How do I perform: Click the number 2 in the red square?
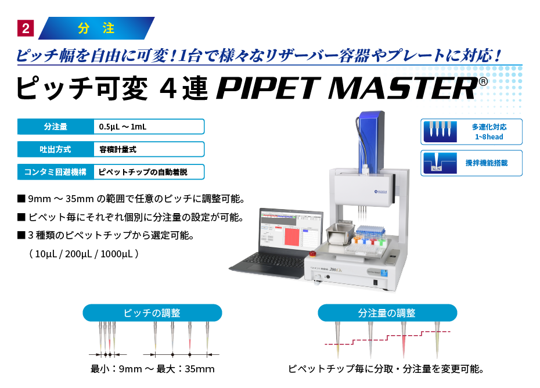[x=26, y=28]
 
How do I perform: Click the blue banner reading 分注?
[x=96, y=28]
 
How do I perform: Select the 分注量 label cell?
[x=56, y=127]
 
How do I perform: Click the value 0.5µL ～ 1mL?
[x=123, y=127]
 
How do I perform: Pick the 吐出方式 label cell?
[x=56, y=149]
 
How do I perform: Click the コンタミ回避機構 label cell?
[x=56, y=171]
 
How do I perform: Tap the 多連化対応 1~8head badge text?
[x=488, y=132]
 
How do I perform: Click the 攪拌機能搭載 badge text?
[x=487, y=163]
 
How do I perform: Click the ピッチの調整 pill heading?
[x=152, y=313]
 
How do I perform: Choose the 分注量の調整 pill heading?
[x=387, y=313]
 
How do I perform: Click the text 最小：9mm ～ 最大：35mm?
[x=153, y=369]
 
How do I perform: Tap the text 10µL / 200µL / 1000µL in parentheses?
[x=87, y=254]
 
